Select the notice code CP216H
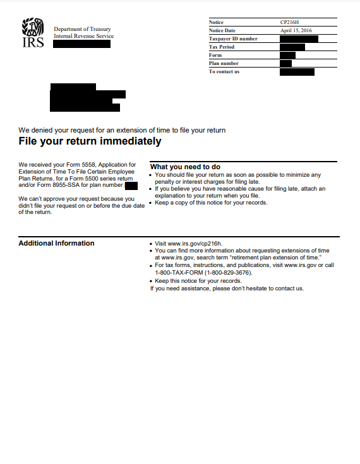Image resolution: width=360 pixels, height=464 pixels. pyautogui.click(x=291, y=23)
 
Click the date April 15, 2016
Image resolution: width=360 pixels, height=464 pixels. pyautogui.click(x=296, y=30)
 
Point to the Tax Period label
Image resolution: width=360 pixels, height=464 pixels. pyautogui.click(x=222, y=47)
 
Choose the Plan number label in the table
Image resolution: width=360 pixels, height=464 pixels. pyautogui.click(x=224, y=63)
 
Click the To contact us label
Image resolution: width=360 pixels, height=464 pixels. pyautogui.click(x=225, y=71)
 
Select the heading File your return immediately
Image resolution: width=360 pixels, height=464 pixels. pyautogui.click(x=90, y=141)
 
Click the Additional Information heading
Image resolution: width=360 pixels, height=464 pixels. pyautogui.click(x=56, y=243)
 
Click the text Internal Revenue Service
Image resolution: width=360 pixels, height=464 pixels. pyautogui.click(x=83, y=36)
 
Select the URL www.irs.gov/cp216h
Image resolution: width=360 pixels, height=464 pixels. pyautogui.click(x=195, y=243)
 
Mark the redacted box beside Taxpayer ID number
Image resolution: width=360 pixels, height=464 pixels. pyautogui.click(x=299, y=39)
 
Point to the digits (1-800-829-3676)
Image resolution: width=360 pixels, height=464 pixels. pyautogui.click(x=228, y=273)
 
